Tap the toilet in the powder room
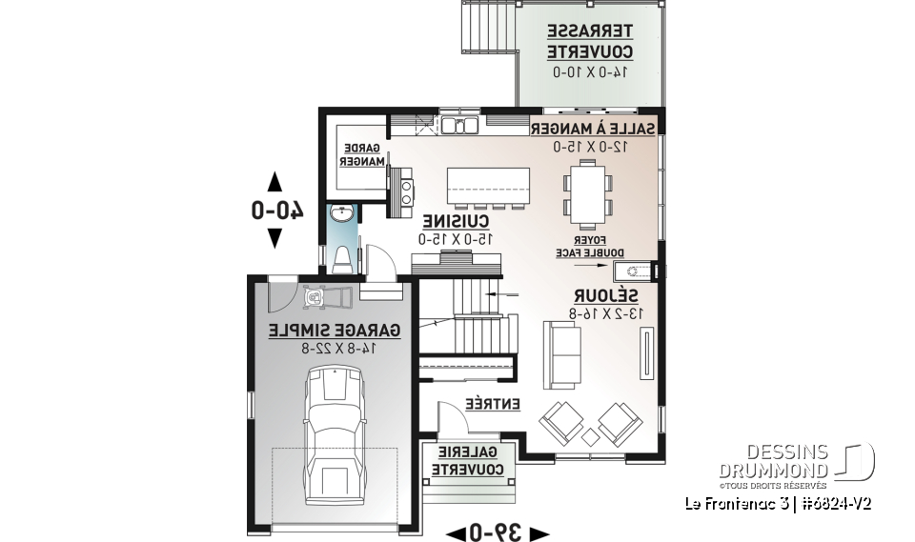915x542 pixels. tap(343, 257)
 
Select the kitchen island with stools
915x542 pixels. tap(488, 185)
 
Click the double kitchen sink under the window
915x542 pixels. tap(459, 124)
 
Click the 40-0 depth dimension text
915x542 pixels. tap(276, 210)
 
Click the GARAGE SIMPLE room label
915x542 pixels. tap(334, 331)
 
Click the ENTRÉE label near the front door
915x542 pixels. tap(493, 405)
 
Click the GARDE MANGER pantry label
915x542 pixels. tap(361, 155)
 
